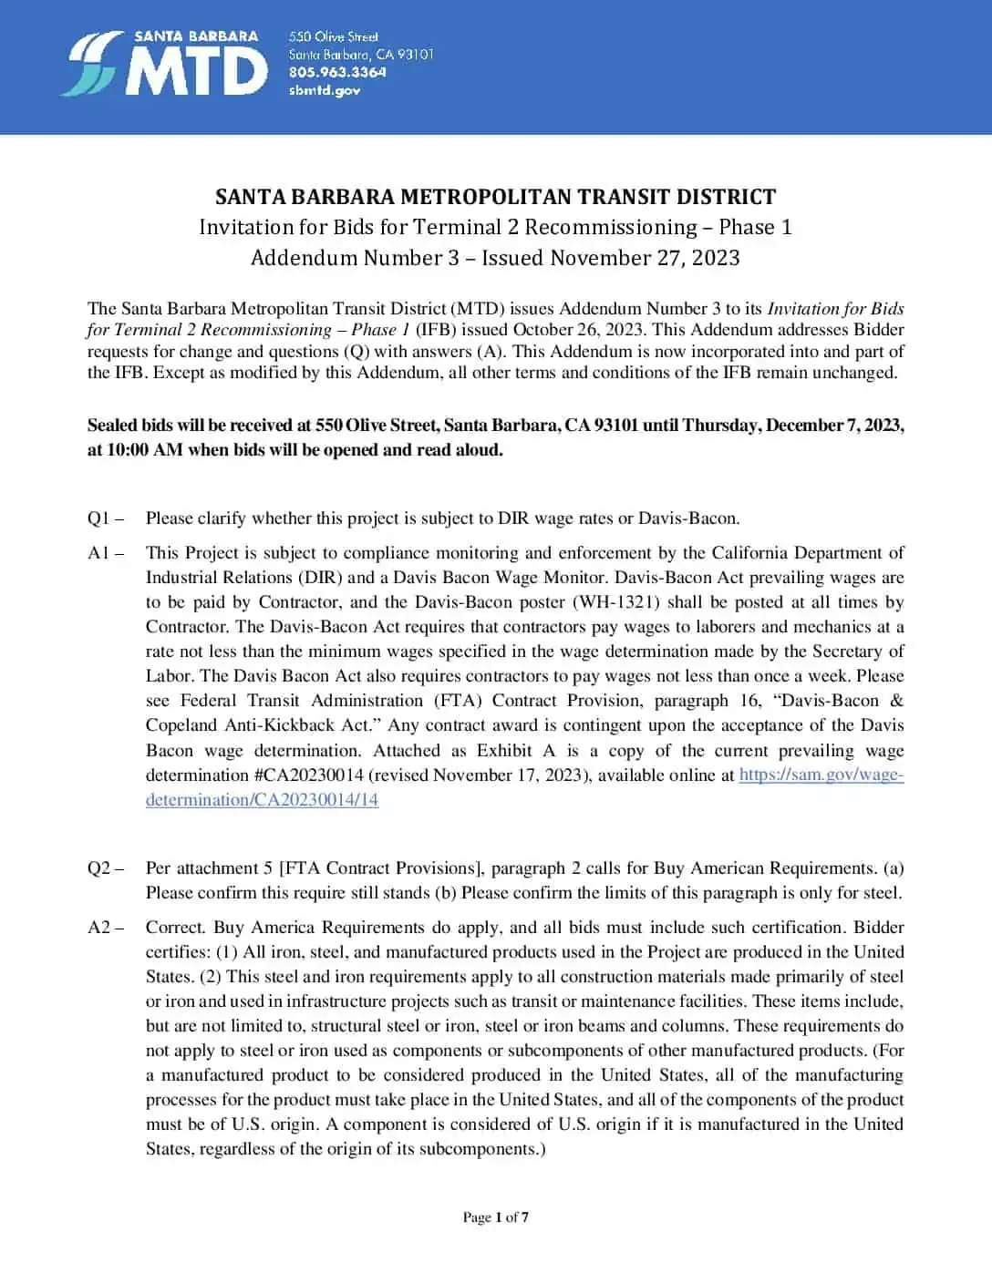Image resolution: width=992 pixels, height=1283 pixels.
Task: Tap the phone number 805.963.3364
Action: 337,72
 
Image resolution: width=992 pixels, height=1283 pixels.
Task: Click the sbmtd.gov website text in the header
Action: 324,90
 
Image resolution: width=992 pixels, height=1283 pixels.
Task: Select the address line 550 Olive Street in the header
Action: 333,36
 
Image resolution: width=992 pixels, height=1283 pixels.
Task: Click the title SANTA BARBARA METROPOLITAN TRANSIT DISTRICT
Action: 495,197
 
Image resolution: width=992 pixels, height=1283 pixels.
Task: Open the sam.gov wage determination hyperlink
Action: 821,775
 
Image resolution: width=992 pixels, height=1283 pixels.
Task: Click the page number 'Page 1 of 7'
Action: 495,1217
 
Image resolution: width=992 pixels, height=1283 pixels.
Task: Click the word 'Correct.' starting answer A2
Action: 175,928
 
